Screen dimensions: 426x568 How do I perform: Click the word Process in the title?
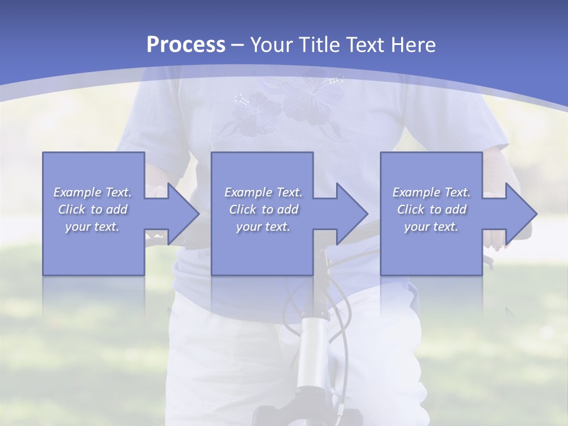pyautogui.click(x=186, y=45)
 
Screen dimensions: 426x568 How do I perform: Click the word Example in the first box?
pyautogui.click(x=78, y=192)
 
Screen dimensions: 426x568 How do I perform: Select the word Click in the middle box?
pyautogui.click(x=241, y=209)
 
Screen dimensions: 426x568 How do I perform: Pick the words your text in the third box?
pyautogui.click(x=431, y=227)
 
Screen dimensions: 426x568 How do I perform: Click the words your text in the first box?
pyautogui.click(x=92, y=227)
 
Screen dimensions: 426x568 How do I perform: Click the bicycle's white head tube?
pyautogui.click(x=312, y=355)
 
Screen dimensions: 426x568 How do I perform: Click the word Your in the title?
pyautogui.click(x=271, y=45)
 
